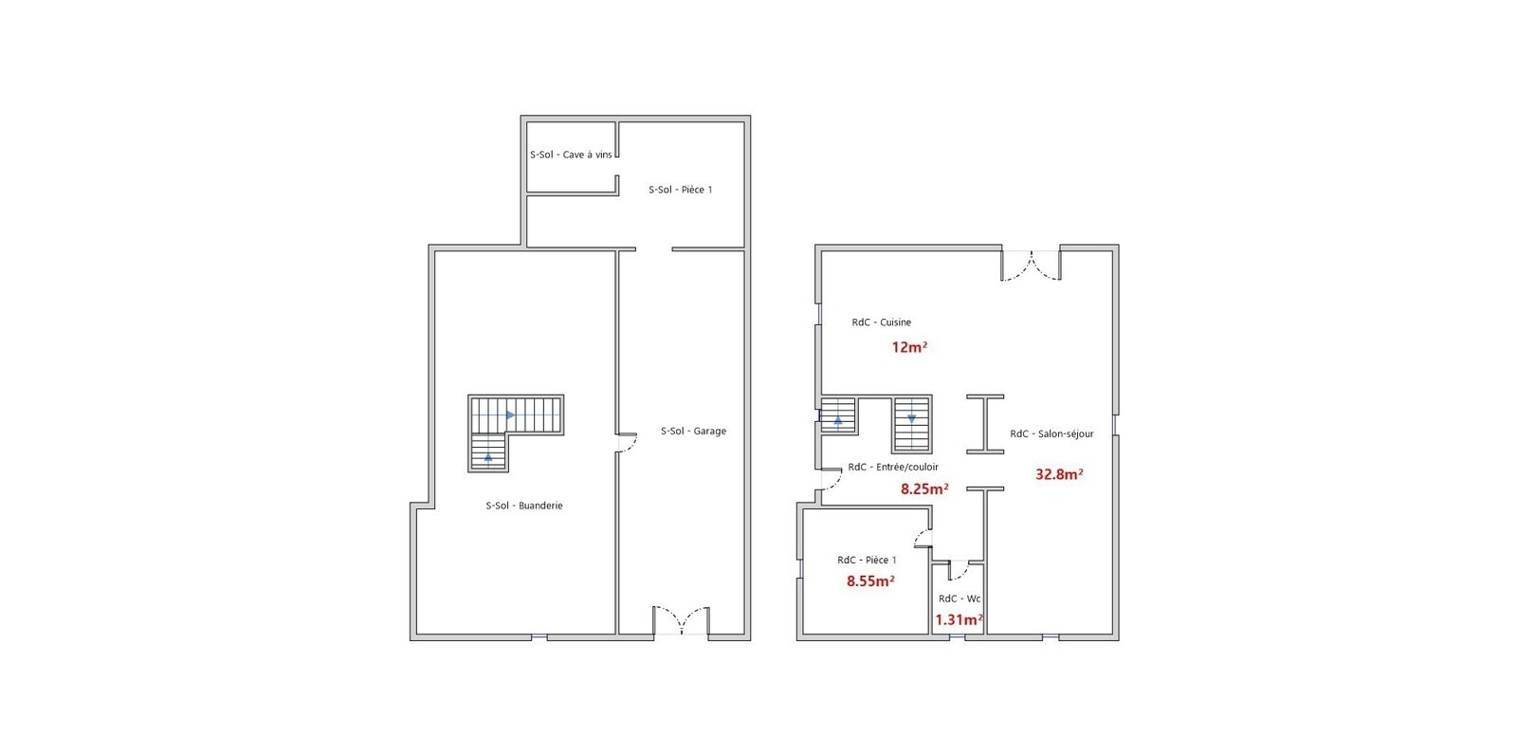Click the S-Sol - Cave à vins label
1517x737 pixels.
click(x=570, y=155)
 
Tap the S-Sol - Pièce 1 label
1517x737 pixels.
click(x=680, y=190)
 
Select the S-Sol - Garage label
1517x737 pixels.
click(x=693, y=431)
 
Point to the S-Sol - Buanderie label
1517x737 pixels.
click(x=524, y=506)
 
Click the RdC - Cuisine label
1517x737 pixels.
click(x=881, y=322)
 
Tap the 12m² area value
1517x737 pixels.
click(x=909, y=347)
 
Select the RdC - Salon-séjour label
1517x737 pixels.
click(x=1051, y=433)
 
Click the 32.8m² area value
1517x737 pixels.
click(x=1059, y=474)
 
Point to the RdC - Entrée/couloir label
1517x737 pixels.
click(x=893, y=467)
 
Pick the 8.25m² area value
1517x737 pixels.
click(x=924, y=488)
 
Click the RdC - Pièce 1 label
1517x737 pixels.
click(x=867, y=561)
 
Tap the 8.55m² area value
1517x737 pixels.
click(x=871, y=581)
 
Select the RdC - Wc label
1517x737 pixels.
click(x=960, y=599)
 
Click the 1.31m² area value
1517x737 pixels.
click(x=960, y=619)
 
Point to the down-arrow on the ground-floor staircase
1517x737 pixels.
click(x=911, y=419)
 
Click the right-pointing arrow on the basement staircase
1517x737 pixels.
click(x=511, y=415)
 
